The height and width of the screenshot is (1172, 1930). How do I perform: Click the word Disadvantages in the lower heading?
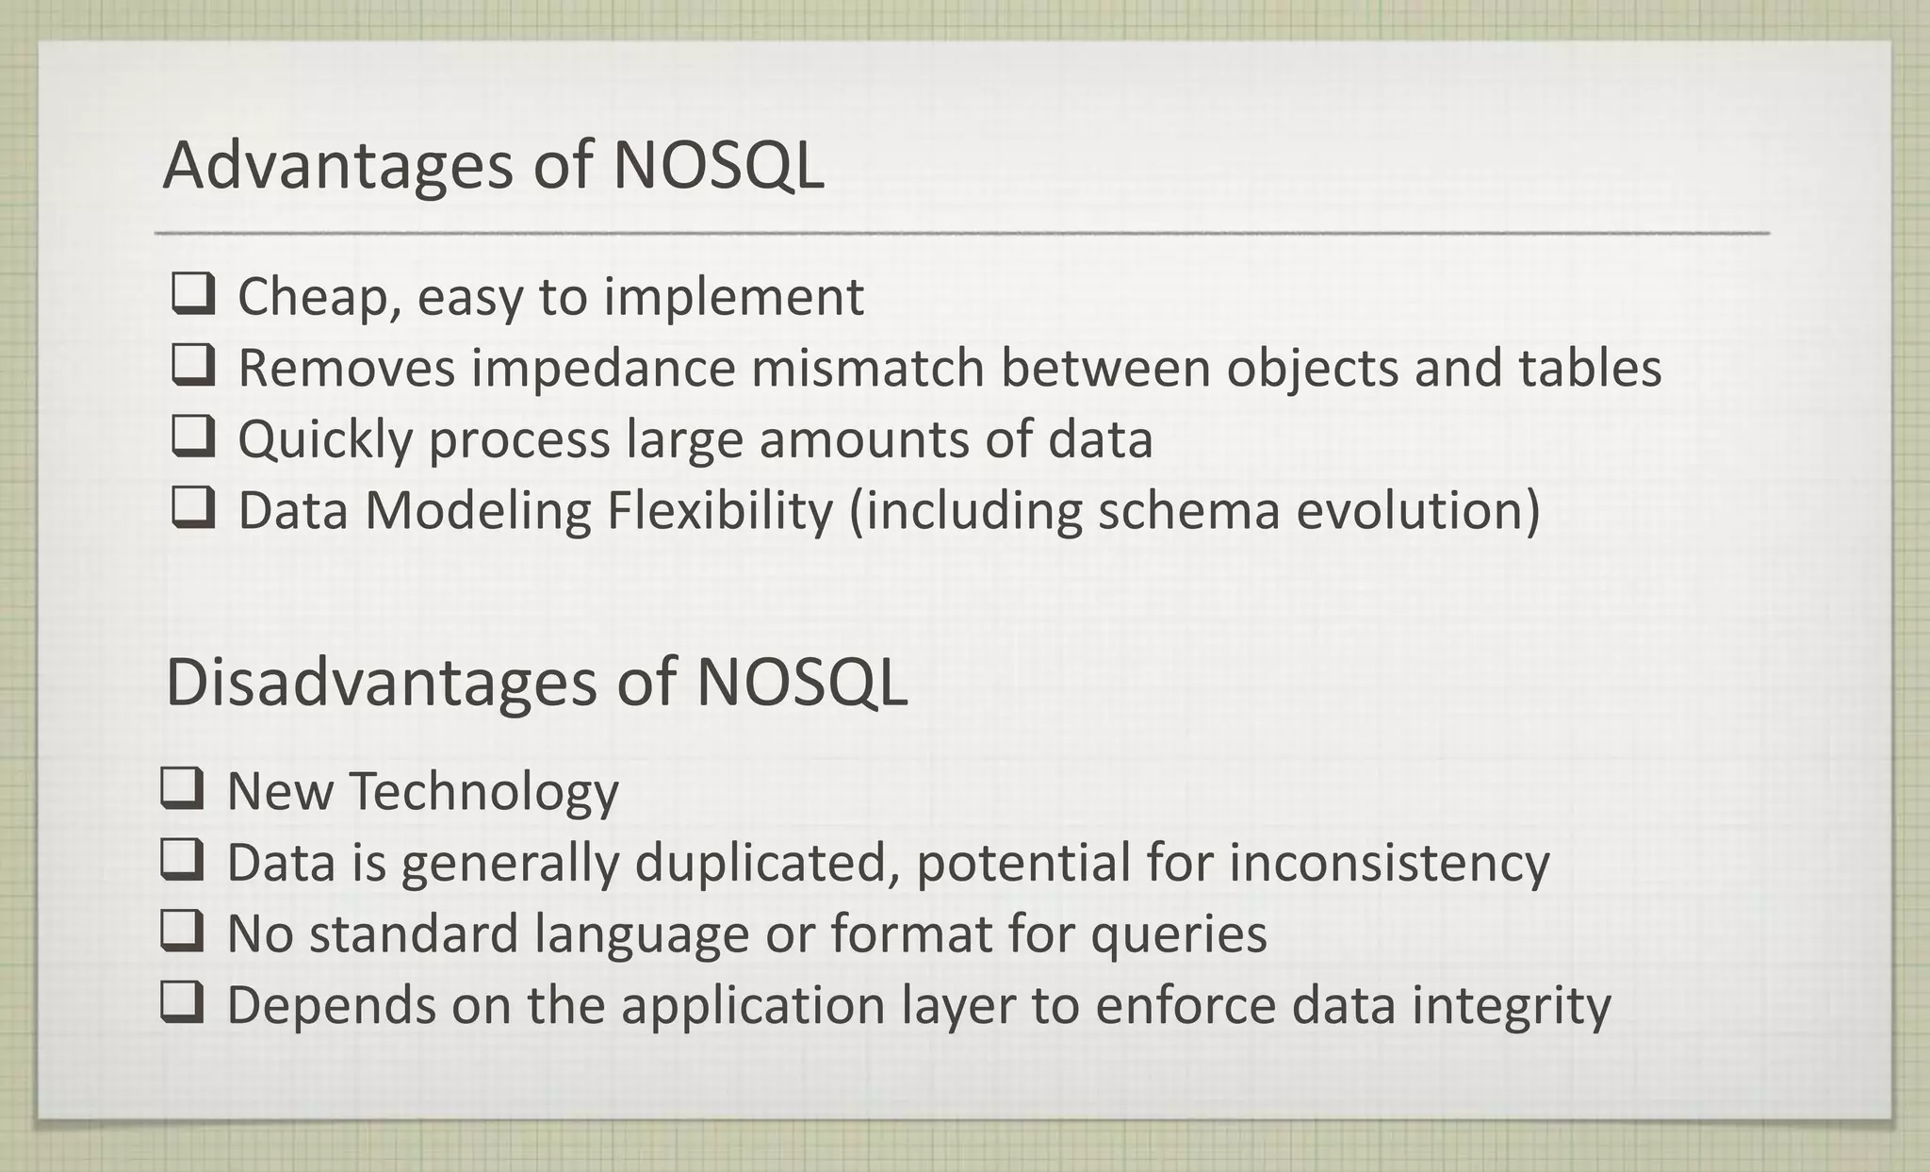click(381, 682)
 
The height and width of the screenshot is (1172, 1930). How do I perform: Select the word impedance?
click(602, 368)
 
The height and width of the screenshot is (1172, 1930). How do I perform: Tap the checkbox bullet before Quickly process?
click(193, 437)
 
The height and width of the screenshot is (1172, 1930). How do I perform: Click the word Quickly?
click(325, 440)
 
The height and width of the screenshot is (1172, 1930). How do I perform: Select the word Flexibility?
click(720, 510)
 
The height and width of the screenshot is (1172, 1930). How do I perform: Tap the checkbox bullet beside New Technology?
click(182, 789)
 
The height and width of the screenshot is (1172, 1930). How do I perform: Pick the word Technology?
click(484, 791)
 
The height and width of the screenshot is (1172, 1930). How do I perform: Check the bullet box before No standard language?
click(182, 932)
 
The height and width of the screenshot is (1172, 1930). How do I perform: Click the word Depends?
click(331, 1005)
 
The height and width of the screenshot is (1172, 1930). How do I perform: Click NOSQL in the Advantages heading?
click(717, 166)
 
